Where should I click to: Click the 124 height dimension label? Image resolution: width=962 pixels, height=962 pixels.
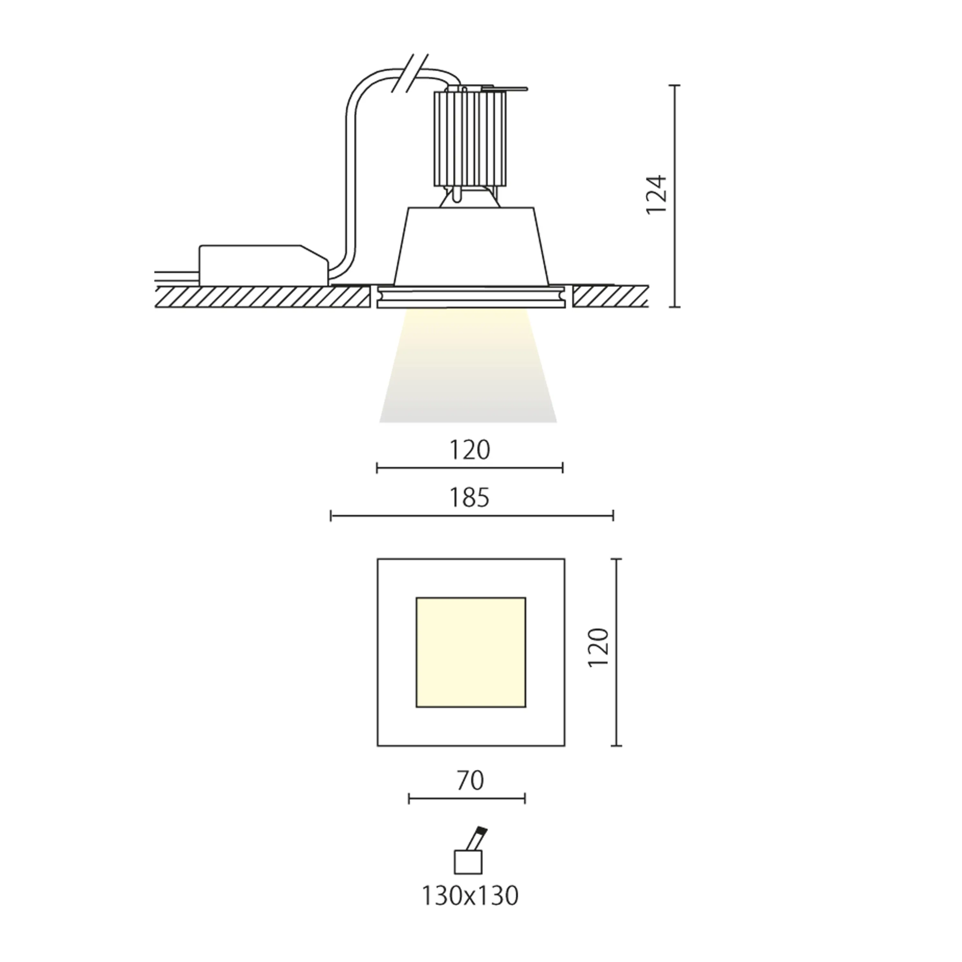[656, 194]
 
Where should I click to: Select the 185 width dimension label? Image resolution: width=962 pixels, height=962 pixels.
[469, 497]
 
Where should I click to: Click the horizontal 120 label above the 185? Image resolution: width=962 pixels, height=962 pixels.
[469, 450]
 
